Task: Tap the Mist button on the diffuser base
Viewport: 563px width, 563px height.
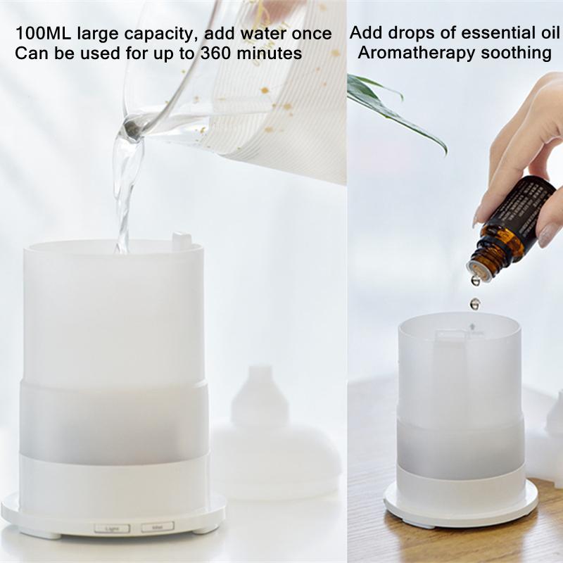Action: click(153, 526)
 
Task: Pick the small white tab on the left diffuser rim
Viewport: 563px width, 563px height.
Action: click(181, 240)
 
